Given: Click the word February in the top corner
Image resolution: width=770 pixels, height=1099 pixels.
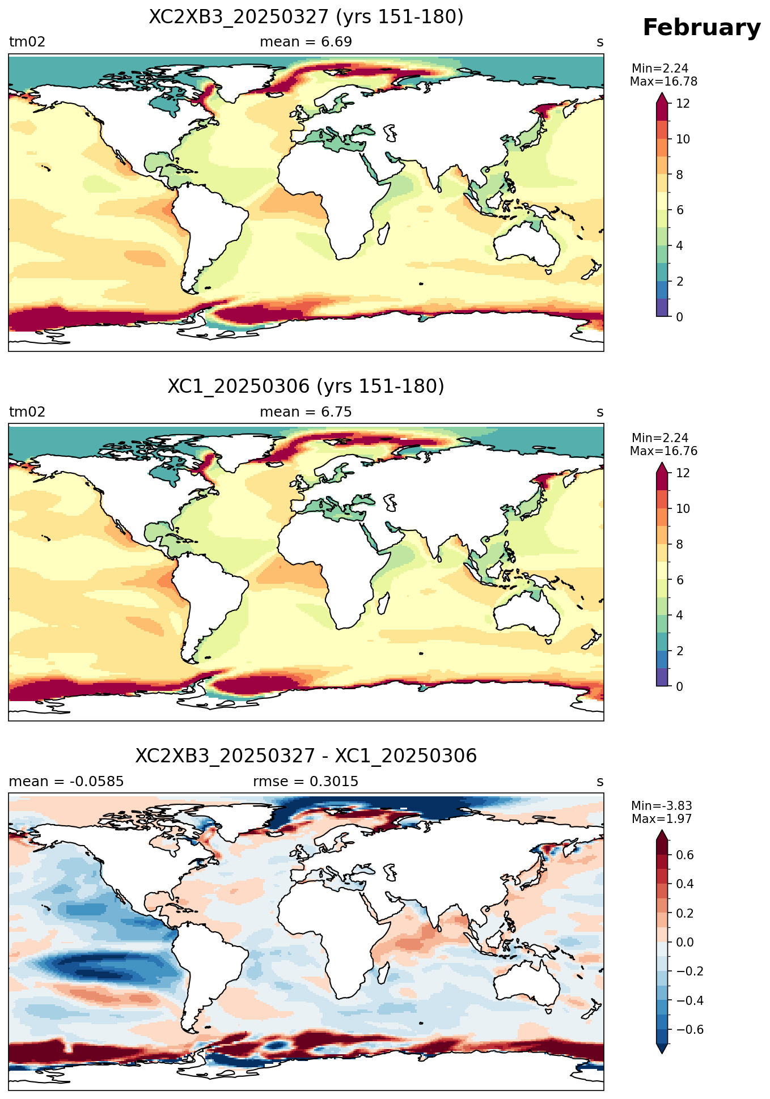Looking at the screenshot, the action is (701, 28).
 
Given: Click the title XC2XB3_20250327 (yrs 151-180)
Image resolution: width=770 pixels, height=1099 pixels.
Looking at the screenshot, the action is (306, 17).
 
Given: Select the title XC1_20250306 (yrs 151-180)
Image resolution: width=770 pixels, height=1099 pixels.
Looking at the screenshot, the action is (306, 387).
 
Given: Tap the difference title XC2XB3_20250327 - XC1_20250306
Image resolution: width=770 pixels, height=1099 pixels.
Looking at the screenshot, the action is (306, 756).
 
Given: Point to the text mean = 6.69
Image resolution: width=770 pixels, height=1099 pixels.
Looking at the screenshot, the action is (306, 42).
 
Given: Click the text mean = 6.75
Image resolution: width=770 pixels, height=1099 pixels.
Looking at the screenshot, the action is (306, 412).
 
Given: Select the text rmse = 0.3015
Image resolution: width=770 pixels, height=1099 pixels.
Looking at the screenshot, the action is (306, 782).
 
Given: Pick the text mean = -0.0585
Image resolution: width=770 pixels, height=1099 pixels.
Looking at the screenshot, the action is (66, 782).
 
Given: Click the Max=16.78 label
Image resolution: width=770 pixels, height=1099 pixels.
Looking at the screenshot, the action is (663, 82).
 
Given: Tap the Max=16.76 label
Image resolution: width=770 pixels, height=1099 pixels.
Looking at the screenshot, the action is (663, 451).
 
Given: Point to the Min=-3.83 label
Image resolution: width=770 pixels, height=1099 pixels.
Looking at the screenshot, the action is (662, 806).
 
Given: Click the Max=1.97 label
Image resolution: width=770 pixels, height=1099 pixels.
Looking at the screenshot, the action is (662, 819).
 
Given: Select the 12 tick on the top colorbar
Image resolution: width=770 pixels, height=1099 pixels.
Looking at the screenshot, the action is (683, 104).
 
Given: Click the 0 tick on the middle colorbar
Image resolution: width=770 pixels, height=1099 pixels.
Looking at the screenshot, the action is (680, 686).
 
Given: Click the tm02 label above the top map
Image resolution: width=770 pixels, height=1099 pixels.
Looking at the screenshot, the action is (27, 42).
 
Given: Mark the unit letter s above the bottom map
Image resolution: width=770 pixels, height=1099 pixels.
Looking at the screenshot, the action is (600, 782).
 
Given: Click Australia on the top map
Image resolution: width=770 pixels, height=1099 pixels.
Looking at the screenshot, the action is (526, 243).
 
